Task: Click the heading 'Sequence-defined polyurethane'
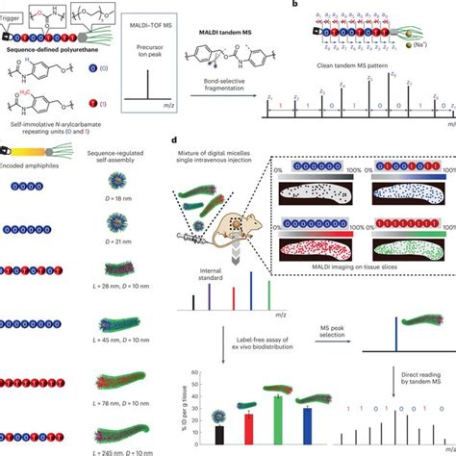pos(57,47)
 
